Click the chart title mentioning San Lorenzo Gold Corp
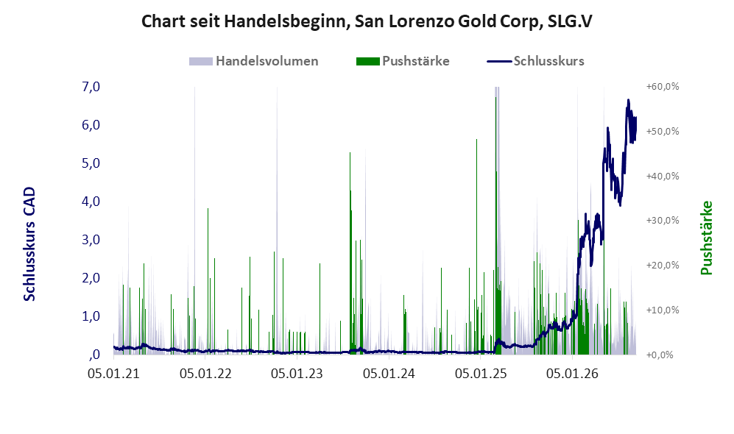click(x=367, y=21)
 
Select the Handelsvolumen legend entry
click(x=254, y=61)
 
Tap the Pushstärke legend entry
click(x=403, y=61)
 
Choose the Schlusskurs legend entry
click(x=535, y=61)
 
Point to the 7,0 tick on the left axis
click(x=91, y=87)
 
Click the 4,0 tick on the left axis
click(x=91, y=201)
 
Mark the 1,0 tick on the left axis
click(x=91, y=316)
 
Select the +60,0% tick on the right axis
click(x=663, y=87)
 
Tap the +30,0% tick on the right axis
click(x=663, y=220)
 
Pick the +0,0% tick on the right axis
click(x=660, y=355)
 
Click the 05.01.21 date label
click(x=114, y=374)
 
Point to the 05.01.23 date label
click(x=297, y=374)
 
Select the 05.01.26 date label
click(x=573, y=374)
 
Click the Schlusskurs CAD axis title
click(x=29, y=243)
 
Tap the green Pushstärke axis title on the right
click(x=706, y=238)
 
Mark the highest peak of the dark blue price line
click(x=628, y=99)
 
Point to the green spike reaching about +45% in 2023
click(x=350, y=253)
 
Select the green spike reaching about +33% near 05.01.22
click(x=208, y=281)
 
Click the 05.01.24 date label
click(x=389, y=374)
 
